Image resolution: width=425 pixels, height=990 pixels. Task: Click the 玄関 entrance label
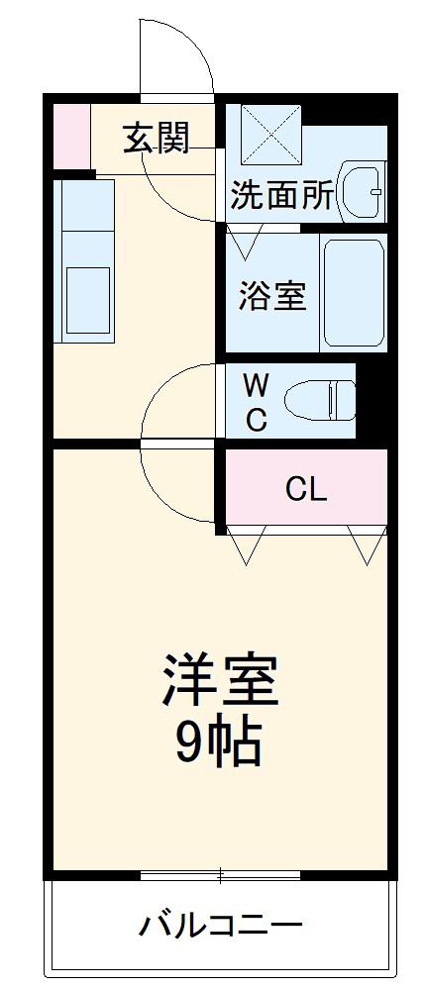[156, 140]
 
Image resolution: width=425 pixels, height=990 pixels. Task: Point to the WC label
[256, 402]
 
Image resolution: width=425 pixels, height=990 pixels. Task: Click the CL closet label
[306, 488]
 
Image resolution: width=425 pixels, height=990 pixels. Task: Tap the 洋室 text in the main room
[220, 680]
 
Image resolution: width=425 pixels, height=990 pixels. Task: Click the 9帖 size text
[219, 742]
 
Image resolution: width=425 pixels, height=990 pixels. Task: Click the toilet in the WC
[319, 401]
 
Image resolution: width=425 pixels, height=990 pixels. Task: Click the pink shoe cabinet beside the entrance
[70, 135]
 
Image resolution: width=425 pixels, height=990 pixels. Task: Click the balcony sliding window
[220, 875]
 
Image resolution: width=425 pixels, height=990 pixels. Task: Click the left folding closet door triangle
[246, 543]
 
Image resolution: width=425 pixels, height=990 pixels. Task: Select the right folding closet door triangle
[367, 543]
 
